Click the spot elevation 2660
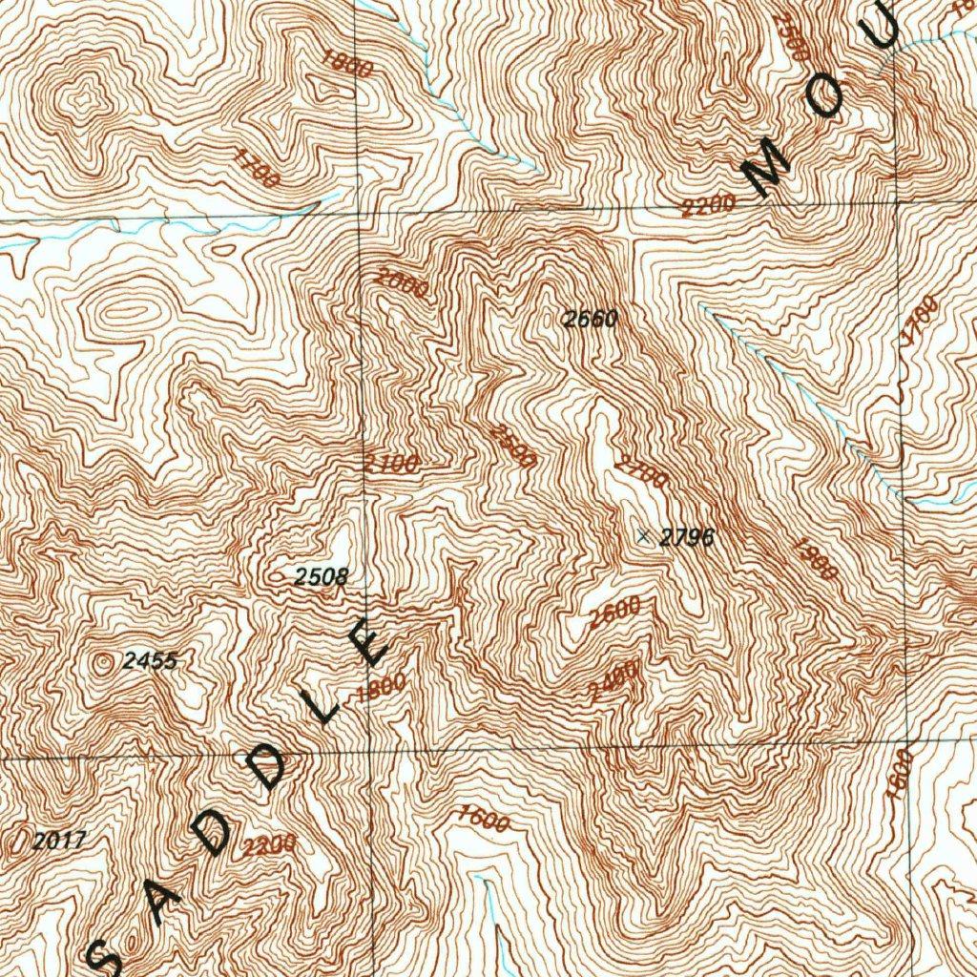pos(590,320)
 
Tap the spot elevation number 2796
pos(687,538)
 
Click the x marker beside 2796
pos(644,536)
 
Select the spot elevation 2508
pos(321,576)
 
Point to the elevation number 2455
pos(150,660)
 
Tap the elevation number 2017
pos(59,841)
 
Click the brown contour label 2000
pos(401,283)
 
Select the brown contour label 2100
pos(391,465)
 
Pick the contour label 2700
pos(642,472)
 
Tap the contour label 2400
pos(613,681)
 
